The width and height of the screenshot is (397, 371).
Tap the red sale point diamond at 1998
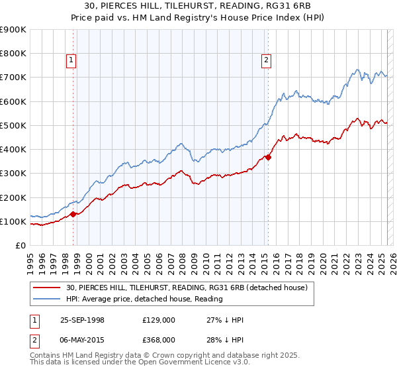[73, 214]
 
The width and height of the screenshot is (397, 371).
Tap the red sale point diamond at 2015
[268, 157]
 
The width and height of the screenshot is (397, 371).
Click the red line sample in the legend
[47, 288]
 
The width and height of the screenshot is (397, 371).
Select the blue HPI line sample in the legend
[47, 299]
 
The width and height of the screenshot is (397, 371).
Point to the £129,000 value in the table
[159, 320]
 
